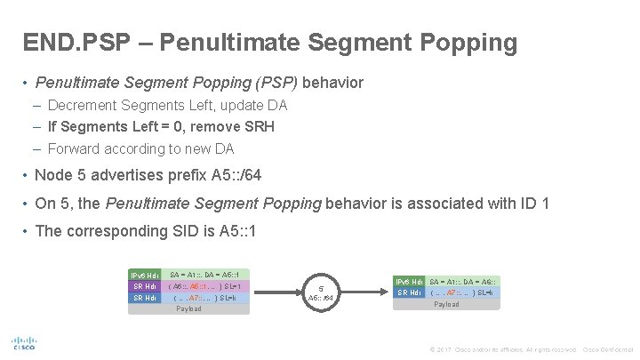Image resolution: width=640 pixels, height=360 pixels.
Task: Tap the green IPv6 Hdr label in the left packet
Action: coord(144,275)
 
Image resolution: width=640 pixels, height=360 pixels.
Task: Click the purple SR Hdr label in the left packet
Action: coord(144,286)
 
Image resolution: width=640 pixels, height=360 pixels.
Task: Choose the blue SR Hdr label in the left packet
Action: coord(144,298)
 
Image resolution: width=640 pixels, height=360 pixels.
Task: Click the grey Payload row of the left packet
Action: coord(188,308)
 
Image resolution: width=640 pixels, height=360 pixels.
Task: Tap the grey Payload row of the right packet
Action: coord(446,304)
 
